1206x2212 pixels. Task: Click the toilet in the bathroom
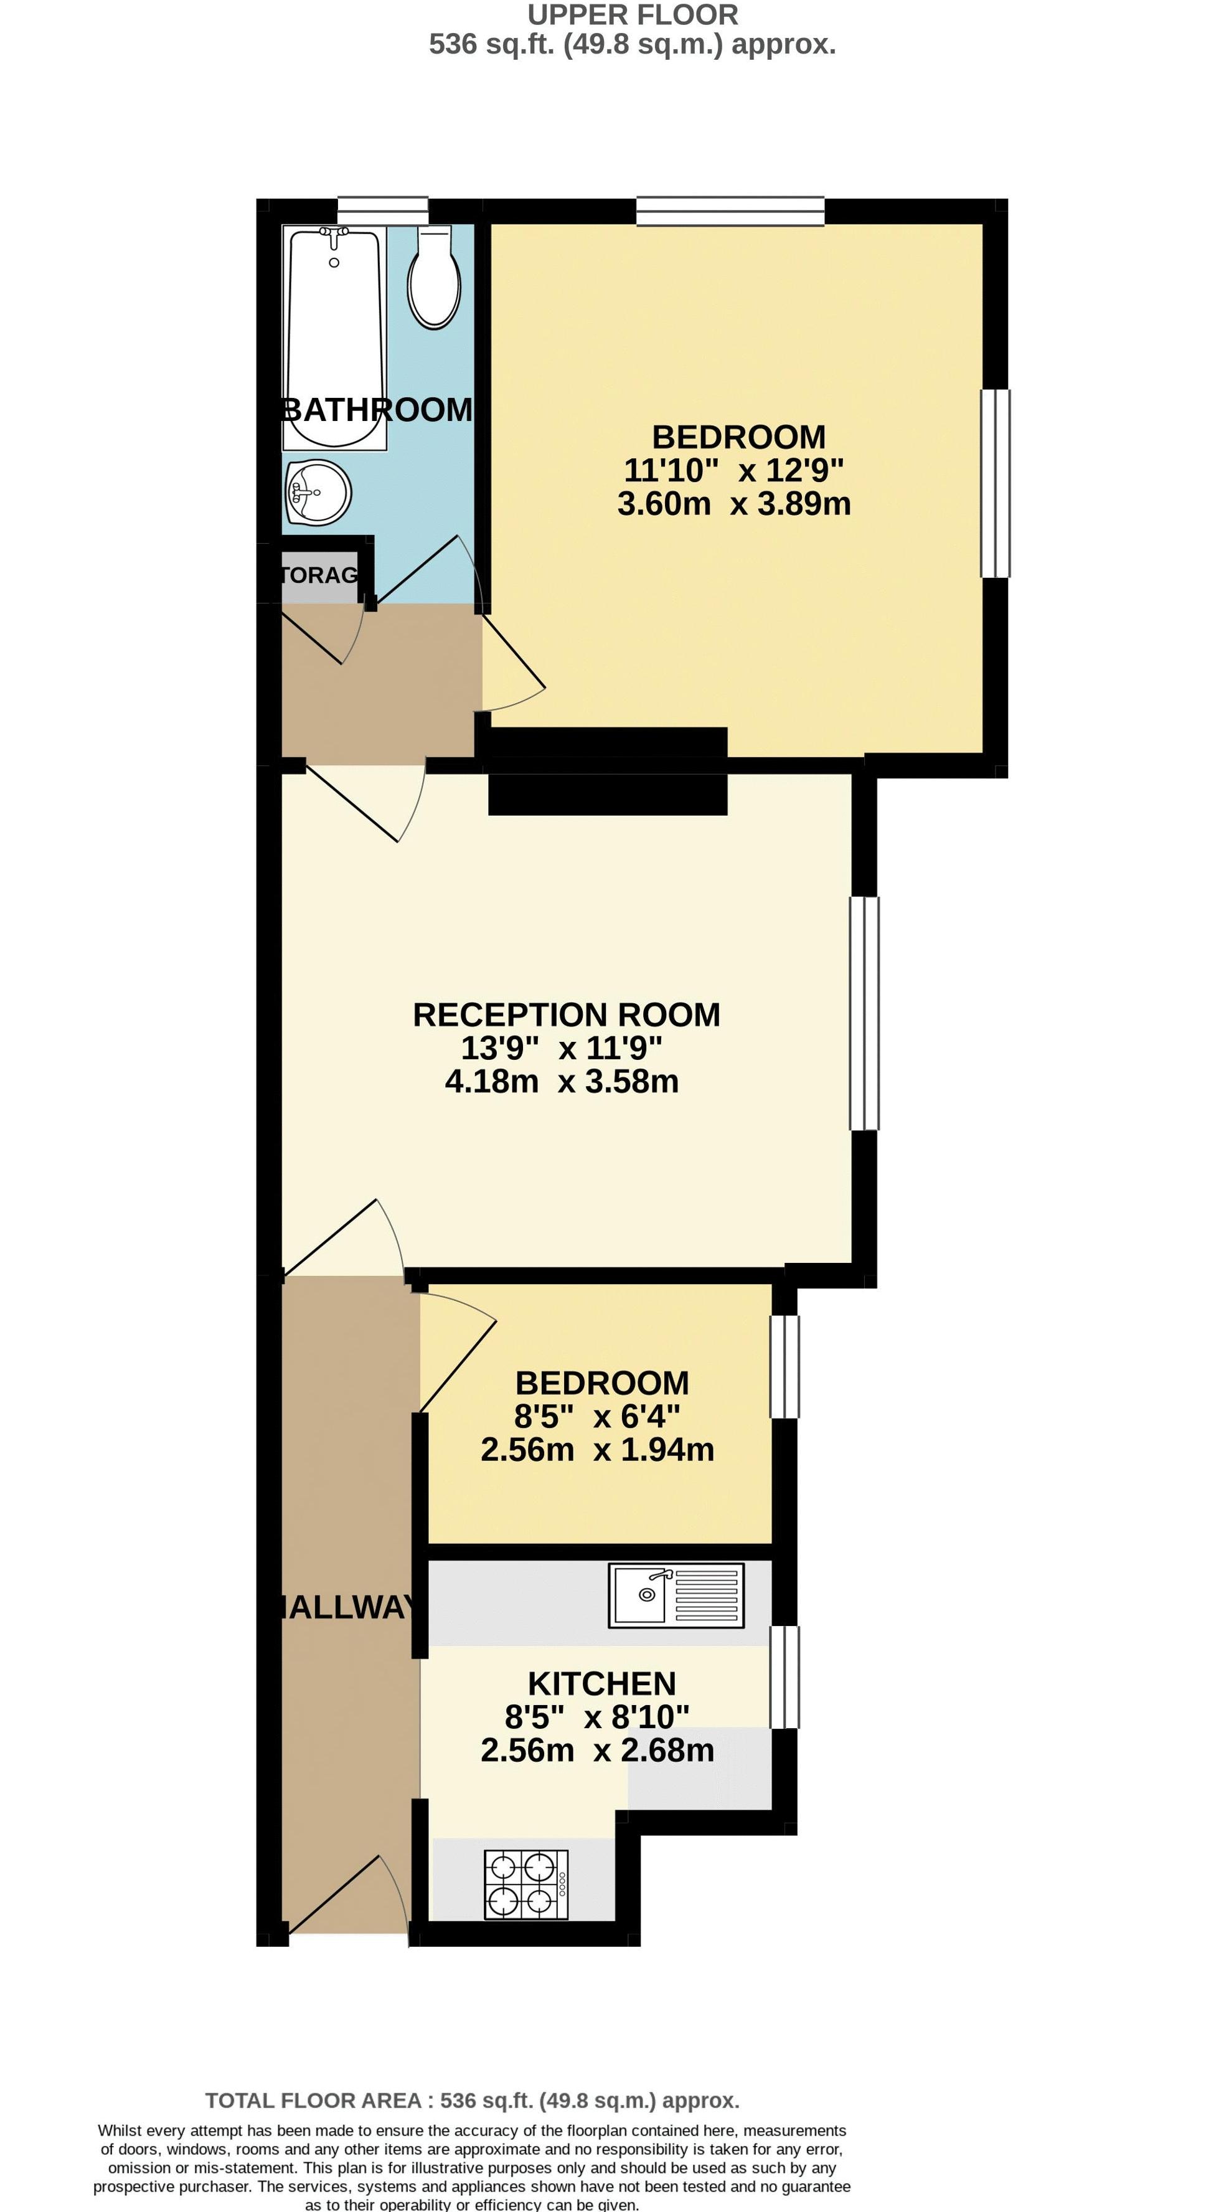[435, 279]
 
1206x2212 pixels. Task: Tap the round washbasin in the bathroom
[318, 493]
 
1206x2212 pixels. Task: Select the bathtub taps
[333, 232]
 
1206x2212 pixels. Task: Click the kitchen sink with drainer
[676, 1596]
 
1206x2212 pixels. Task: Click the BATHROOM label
[378, 410]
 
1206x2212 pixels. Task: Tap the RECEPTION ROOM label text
[566, 1015]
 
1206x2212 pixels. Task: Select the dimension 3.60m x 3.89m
[734, 503]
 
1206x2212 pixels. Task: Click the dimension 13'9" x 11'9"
[562, 1047]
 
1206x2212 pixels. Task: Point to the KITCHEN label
[601, 1684]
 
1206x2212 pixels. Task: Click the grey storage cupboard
[318, 574]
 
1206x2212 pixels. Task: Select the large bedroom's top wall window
[730, 210]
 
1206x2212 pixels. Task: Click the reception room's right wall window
[864, 1013]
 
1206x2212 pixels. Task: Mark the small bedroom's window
[784, 1366]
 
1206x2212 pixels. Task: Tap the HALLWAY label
[347, 1607]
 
